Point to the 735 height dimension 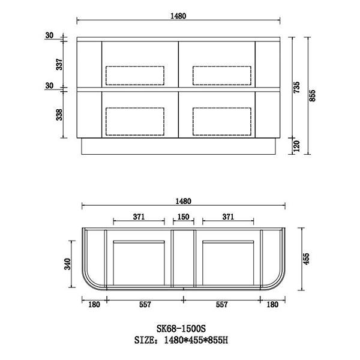tap(296, 89)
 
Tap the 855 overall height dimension tap(313, 95)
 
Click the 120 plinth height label tap(296, 146)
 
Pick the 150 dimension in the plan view tap(184, 217)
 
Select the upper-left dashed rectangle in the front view tap(135, 74)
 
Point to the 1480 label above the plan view tap(184, 201)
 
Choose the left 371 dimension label tap(139, 217)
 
